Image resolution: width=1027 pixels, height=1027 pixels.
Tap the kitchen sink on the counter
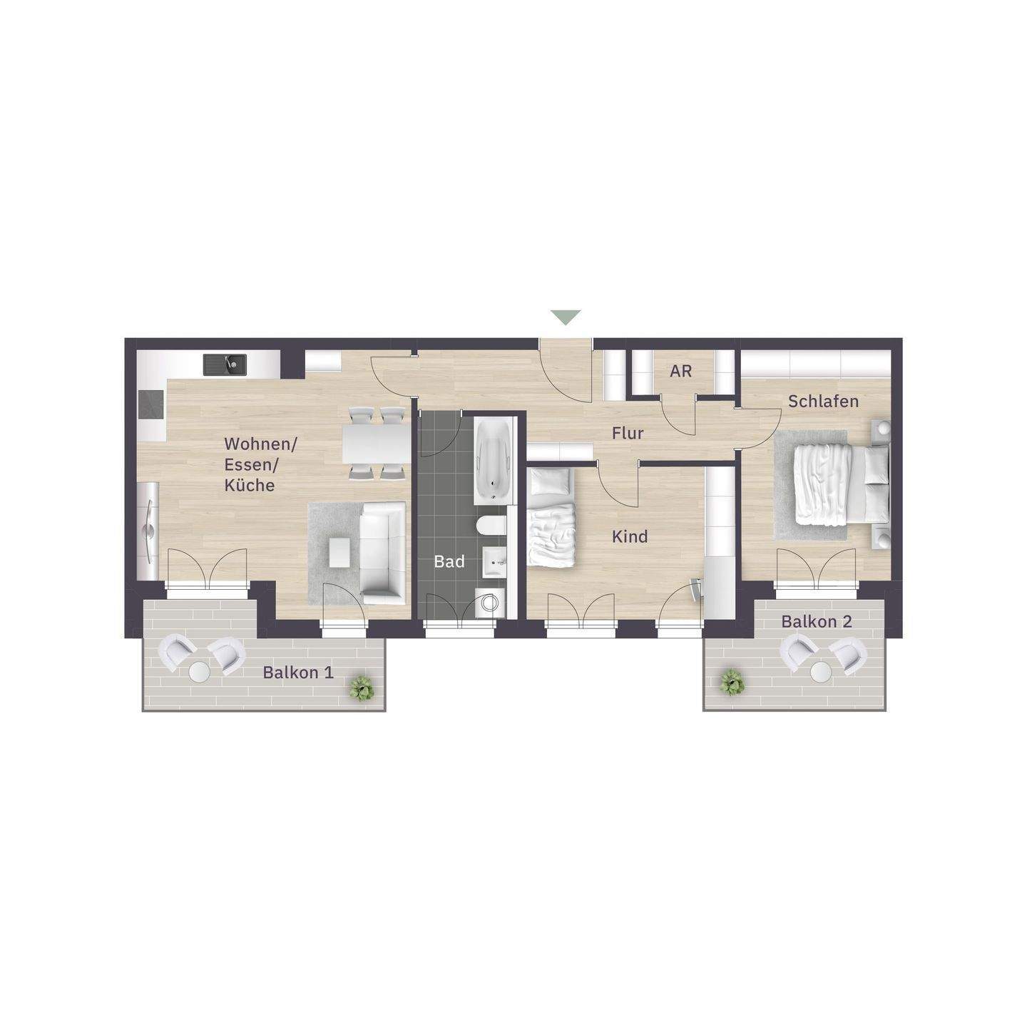click(225, 364)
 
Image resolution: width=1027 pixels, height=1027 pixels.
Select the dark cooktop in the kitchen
click(151, 404)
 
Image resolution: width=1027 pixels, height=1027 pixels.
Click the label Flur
click(628, 434)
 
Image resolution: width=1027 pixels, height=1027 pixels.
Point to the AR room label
click(680, 371)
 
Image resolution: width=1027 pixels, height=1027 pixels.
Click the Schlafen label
click(823, 402)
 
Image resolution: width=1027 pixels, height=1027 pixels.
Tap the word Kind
click(630, 537)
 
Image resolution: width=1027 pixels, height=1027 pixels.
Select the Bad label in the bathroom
click(449, 562)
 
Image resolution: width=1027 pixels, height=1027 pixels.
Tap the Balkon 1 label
click(298, 673)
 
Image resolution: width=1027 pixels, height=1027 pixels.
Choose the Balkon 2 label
click(817, 621)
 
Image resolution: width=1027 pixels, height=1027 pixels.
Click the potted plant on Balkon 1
click(362, 688)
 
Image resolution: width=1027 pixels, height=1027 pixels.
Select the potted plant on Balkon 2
click(731, 683)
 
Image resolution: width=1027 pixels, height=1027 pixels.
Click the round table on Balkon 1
click(200, 672)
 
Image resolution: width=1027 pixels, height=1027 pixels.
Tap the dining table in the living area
click(377, 444)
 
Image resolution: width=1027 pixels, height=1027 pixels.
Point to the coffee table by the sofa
click(340, 552)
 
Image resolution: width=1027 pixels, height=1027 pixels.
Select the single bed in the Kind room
click(551, 516)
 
